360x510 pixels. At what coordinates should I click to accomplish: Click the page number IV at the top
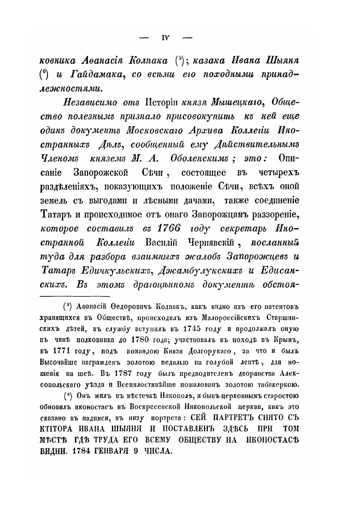(x=166, y=38)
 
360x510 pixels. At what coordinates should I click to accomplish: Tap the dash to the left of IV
(x=144, y=38)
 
